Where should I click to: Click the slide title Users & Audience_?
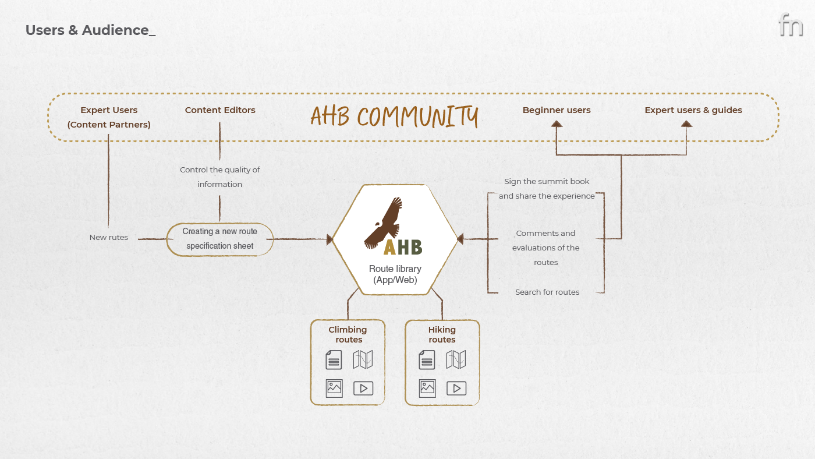(x=90, y=30)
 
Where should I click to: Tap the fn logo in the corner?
(x=790, y=25)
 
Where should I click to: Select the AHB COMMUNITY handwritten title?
(x=394, y=116)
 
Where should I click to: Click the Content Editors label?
(x=220, y=110)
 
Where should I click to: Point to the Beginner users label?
(x=557, y=110)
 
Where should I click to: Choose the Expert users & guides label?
(x=693, y=110)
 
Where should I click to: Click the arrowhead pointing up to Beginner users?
(x=557, y=123)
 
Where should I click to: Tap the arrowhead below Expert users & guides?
(x=687, y=123)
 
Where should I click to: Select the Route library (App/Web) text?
(x=395, y=274)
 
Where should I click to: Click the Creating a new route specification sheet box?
(x=220, y=239)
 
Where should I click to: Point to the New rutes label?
(x=109, y=238)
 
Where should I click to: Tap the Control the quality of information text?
(x=220, y=177)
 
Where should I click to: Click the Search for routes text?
(x=547, y=292)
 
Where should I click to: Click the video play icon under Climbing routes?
(x=363, y=388)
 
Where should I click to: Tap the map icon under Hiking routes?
(x=456, y=359)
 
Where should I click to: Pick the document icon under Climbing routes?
(x=334, y=359)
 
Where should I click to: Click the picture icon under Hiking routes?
(x=427, y=388)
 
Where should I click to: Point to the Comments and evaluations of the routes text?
(x=546, y=248)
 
